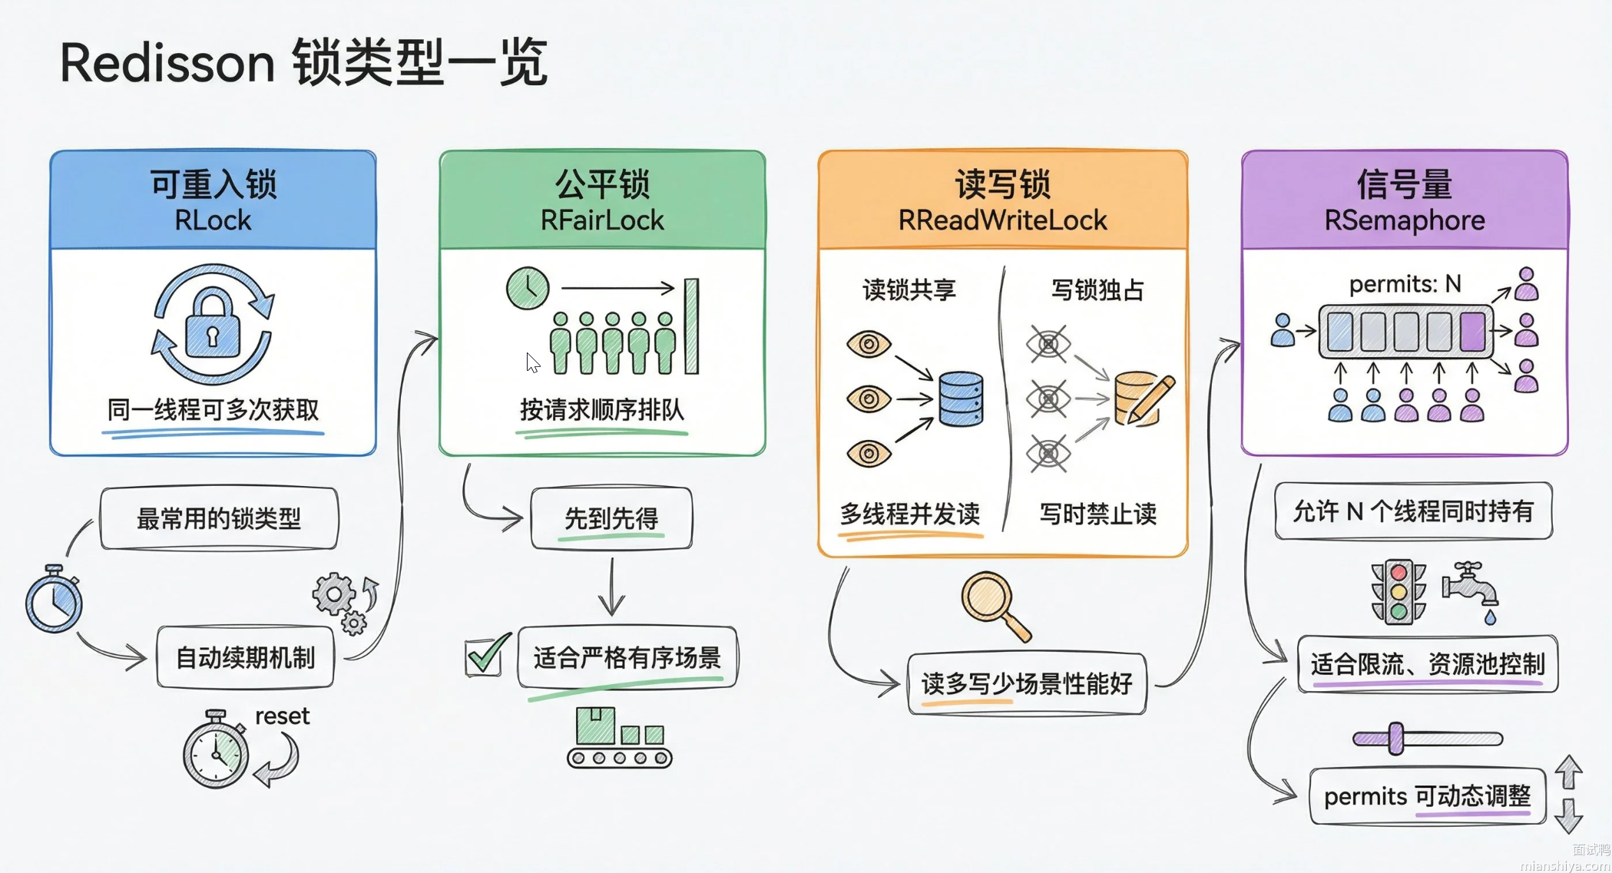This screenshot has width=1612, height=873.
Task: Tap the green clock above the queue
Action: (528, 289)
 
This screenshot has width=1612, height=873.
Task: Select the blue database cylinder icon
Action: (961, 398)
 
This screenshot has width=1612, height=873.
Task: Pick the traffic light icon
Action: (1399, 592)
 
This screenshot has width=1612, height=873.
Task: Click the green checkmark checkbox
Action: (485, 657)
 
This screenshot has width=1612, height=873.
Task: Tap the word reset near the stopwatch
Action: (282, 716)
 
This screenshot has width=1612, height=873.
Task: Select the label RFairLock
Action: (602, 220)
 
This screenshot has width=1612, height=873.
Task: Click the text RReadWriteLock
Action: (1002, 220)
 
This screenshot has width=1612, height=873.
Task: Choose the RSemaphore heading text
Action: (1405, 220)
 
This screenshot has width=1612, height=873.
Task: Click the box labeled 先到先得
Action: (611, 518)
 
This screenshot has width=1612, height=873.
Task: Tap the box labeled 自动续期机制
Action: (246, 658)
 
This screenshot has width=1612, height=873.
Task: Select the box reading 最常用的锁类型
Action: (219, 518)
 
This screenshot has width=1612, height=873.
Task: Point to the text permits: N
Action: (1405, 284)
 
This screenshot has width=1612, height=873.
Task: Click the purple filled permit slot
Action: (1472, 332)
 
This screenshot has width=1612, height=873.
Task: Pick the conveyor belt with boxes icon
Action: (619, 738)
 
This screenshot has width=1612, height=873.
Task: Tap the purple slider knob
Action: (1396, 739)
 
